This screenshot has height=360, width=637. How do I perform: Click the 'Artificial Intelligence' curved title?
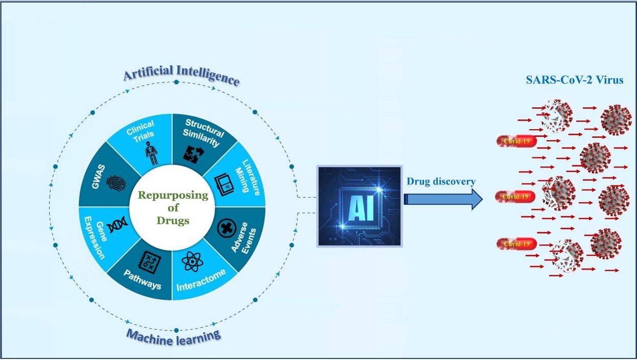click(181, 75)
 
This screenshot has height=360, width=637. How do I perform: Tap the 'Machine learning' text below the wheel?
click(174, 338)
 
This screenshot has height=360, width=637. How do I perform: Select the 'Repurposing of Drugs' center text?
click(173, 208)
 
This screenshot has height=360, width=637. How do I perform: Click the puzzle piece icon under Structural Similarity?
click(194, 154)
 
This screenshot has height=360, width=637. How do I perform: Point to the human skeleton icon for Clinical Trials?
click(152, 154)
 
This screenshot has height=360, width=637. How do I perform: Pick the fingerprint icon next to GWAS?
click(116, 183)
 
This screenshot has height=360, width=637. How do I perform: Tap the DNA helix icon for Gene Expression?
click(117, 225)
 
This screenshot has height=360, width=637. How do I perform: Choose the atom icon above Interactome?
click(193, 261)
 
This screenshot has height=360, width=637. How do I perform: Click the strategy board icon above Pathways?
click(150, 262)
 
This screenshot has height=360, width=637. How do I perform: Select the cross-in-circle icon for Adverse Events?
click(227, 228)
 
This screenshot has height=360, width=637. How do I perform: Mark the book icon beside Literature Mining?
click(224, 184)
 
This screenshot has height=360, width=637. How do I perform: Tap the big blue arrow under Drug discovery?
click(443, 199)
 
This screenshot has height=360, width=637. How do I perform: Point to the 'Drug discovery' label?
click(441, 181)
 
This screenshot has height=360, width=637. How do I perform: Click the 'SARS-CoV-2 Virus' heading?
click(575, 80)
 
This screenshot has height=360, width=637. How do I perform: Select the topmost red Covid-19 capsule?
click(517, 141)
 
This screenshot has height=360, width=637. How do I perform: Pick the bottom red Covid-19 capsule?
click(517, 244)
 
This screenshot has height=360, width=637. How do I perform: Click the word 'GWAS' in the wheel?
click(99, 177)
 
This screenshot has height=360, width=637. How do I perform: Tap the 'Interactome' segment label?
click(201, 280)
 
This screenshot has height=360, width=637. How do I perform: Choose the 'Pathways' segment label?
click(143, 279)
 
